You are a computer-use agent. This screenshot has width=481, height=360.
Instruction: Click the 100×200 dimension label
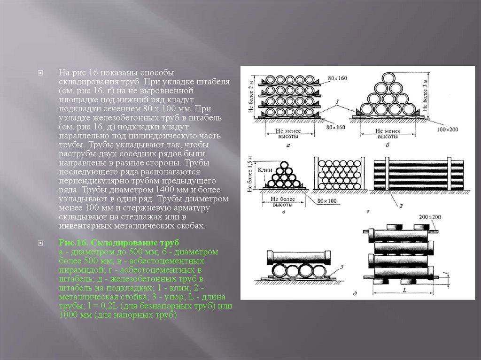coord(447,130)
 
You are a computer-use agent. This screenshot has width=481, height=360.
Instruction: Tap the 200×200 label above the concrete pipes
coord(430,217)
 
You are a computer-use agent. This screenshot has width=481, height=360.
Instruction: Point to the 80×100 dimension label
coord(327,201)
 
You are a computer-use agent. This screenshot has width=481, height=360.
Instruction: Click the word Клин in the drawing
coord(265,170)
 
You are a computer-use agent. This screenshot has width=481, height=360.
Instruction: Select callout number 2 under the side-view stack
coord(401,206)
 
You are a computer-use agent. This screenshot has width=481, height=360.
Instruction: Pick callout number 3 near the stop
coord(342,267)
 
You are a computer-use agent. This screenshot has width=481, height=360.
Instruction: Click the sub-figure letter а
coord(288,146)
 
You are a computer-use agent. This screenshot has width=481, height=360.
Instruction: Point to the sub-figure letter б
coord(388,145)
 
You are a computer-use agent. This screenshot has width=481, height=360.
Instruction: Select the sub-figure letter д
coord(355,293)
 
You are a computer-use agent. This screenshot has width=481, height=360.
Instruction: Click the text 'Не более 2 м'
coord(251,95)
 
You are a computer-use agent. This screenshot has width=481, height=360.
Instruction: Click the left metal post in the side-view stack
coord(387,174)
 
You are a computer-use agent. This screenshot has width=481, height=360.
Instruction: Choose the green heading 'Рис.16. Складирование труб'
coord(119,243)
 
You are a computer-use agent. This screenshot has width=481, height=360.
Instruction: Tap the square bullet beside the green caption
coord(40,243)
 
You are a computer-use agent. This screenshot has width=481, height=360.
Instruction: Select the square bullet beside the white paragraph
coord(40,73)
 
